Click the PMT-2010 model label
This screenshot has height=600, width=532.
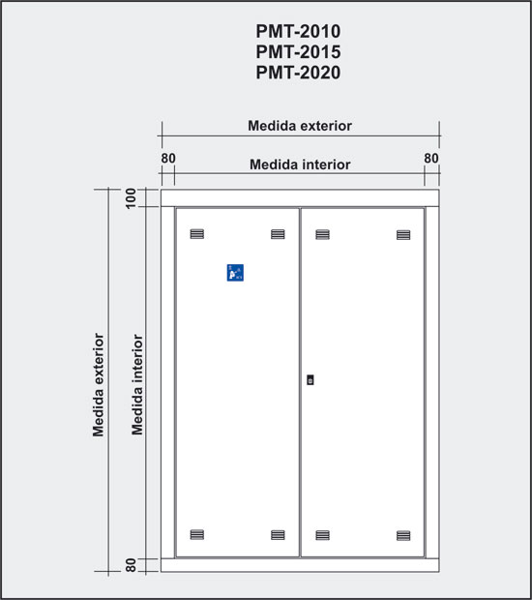pos(298,31)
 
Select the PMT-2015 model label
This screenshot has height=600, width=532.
pos(298,52)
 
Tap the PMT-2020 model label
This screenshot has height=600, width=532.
pos(298,73)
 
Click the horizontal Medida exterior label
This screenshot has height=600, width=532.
pos(300,126)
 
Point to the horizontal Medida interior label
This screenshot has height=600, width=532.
pos(300,165)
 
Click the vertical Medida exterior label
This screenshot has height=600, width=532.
pos(99,384)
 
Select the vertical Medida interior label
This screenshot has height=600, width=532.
pos(137,384)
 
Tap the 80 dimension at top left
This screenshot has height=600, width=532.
pos(168,158)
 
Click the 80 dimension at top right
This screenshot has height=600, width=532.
pos(431,158)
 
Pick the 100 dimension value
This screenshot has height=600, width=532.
pos(131,198)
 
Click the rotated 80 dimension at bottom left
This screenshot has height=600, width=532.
pos(131,565)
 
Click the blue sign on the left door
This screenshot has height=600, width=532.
pos(235,273)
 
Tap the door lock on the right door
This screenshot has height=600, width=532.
pos(310,380)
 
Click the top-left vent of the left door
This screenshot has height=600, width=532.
pos(197,234)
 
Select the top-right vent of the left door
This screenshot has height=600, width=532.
pos(278,234)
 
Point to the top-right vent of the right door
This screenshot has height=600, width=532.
pos(403,234)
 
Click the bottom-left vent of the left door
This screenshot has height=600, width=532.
pos(197,534)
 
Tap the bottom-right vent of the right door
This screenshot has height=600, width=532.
pos(403,535)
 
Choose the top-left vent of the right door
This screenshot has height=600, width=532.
pos(322,234)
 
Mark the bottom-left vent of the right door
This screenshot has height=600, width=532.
pos(322,535)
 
